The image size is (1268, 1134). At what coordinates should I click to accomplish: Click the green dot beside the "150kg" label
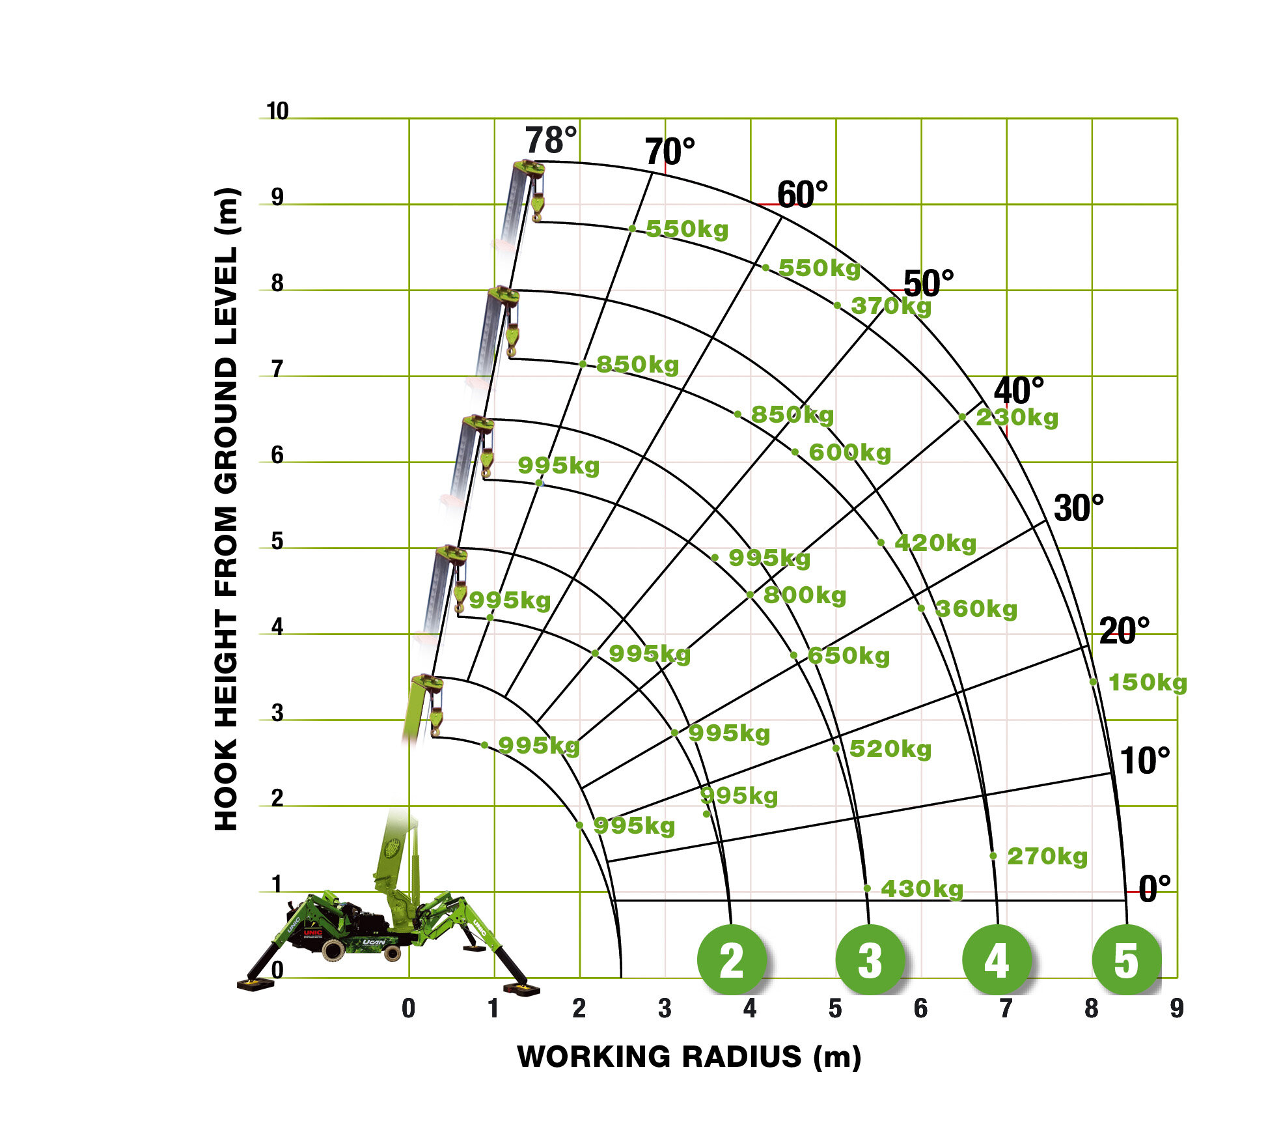coord(1094,682)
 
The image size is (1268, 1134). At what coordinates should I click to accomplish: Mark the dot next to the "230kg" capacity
coord(962,417)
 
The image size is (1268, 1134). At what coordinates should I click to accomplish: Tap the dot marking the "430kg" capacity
coord(867,888)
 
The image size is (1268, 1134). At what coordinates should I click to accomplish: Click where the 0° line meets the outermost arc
coord(1126,901)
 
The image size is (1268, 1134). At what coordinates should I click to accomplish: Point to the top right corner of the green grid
coord(1178,119)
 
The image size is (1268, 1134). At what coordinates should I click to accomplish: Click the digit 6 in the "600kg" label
coord(816,453)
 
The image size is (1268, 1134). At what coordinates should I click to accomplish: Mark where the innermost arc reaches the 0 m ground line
coord(622,978)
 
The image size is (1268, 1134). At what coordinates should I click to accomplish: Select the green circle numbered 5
coord(1127,959)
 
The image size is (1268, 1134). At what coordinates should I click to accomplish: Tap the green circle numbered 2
coord(732,959)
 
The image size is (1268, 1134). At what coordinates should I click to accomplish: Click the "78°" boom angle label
coord(551,141)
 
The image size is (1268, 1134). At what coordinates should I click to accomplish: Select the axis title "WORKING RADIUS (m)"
coord(689,1056)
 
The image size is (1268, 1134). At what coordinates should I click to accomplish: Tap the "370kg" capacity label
coord(891,306)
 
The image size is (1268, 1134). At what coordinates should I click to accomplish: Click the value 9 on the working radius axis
coord(1177,1008)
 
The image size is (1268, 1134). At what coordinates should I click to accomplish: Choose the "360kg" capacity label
coord(976,610)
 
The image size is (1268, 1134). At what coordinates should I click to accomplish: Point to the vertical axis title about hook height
coord(227,509)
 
